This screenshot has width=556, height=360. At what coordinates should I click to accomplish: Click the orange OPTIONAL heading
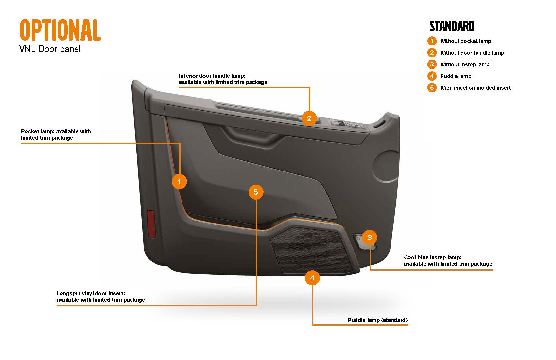60,30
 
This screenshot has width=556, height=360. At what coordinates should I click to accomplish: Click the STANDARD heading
452,26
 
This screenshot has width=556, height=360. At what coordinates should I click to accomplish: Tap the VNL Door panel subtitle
50,49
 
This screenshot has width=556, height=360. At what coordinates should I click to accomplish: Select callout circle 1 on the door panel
179,181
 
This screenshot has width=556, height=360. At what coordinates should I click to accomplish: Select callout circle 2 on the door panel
309,118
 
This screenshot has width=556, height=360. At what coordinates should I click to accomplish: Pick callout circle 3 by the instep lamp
369,238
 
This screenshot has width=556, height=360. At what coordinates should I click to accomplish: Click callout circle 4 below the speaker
312,278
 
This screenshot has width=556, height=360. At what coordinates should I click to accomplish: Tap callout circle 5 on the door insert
256,192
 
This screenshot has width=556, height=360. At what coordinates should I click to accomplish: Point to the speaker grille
309,249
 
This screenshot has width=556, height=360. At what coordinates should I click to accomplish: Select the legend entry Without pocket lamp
465,41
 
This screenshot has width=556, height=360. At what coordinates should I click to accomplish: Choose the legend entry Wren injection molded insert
475,88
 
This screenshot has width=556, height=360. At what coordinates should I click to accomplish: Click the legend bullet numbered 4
432,76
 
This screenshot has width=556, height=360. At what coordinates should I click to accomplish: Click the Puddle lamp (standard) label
377,320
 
